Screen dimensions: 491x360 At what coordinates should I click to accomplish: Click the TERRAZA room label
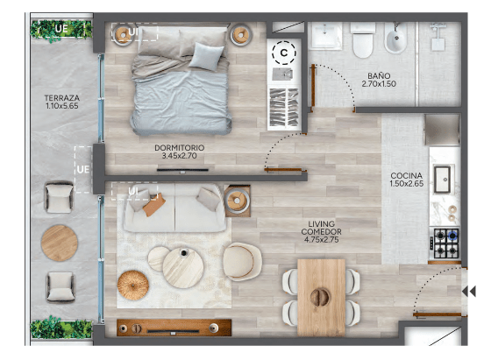pos(62,98)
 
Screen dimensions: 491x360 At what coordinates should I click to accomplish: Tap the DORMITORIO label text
pos(179,148)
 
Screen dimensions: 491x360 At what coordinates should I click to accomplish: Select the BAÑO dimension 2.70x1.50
pos(379,84)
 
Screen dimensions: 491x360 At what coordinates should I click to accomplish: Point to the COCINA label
pos(407,175)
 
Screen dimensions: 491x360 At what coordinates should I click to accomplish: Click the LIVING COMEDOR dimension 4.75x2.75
pos(321,240)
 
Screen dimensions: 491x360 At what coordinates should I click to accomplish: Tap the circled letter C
pos(284,53)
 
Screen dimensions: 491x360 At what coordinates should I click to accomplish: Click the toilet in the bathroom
pos(363,39)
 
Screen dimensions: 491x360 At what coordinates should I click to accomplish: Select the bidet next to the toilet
pos(395,39)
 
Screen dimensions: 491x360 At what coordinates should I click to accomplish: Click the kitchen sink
pos(443,180)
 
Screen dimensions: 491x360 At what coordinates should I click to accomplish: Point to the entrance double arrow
pos(469,291)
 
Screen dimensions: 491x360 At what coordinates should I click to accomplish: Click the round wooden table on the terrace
pos(60,243)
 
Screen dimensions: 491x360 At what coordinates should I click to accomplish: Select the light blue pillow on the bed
pos(206,56)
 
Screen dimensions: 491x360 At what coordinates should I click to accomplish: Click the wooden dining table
pos(321,298)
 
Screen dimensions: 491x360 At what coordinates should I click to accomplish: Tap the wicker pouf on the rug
pos(133,286)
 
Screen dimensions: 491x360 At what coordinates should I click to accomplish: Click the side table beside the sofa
pos(238,201)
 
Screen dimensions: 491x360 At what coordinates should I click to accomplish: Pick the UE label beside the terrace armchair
pos(83,170)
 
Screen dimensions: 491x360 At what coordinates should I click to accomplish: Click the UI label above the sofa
pos(133,190)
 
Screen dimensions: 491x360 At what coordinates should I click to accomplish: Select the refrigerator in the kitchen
pos(442,130)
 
